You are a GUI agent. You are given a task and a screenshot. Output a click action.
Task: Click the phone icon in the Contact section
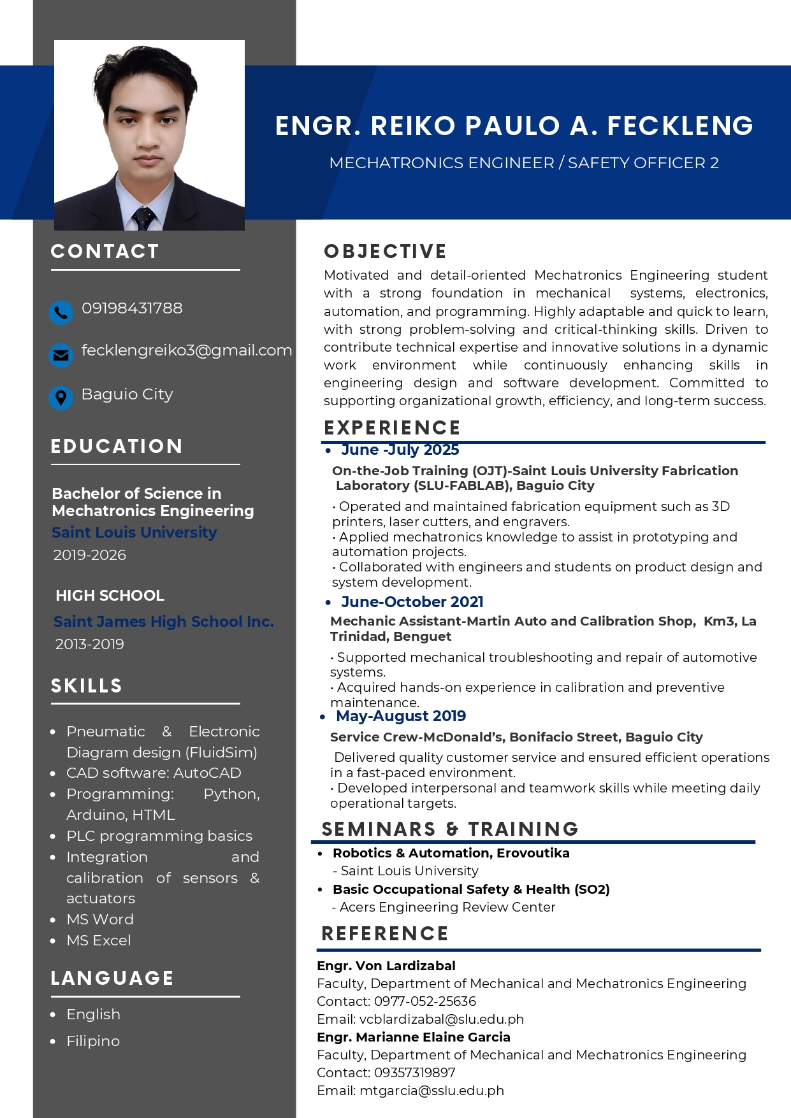coord(61,313)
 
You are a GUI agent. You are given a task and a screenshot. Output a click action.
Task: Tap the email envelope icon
coord(61,355)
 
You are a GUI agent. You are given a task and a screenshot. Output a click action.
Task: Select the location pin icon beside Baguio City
coord(61,398)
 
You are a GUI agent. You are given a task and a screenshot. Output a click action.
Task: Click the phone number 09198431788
coord(132,308)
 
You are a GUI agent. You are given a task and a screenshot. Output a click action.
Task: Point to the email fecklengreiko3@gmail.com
coord(187,350)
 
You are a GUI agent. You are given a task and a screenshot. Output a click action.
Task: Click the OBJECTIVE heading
coord(385,252)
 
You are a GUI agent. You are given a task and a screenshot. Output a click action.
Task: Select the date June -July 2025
coord(400,450)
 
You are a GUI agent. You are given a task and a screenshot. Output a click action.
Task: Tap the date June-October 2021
coord(412,602)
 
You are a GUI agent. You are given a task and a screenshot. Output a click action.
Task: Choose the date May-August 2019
coord(401,716)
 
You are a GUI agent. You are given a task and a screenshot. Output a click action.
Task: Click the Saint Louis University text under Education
coord(134,533)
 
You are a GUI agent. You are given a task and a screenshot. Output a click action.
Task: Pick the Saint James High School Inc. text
coord(164,622)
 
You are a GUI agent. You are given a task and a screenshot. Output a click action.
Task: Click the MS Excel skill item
coord(99,941)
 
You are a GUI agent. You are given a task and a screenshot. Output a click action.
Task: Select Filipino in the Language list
coord(93,1042)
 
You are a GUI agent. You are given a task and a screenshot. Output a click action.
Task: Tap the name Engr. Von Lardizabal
coord(386,966)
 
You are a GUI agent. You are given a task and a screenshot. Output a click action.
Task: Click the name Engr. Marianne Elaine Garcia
coord(414,1037)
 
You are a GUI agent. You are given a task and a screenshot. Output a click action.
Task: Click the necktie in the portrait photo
coord(143,218)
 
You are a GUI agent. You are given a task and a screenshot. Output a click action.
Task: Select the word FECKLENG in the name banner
coord(680,126)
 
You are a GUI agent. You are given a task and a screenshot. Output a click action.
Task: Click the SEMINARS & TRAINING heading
coord(450,829)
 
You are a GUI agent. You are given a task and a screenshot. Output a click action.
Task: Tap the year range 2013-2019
coord(90,644)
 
